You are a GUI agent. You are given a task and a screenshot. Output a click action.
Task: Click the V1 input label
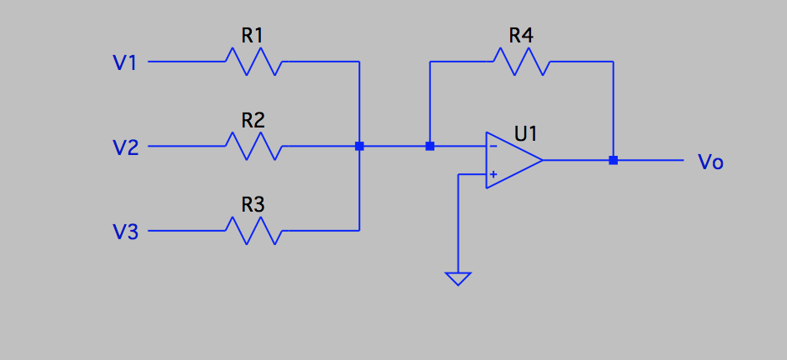point(124,62)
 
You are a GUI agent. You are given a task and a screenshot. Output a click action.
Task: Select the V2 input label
point(124,147)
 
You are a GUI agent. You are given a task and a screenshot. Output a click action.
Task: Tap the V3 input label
point(124,232)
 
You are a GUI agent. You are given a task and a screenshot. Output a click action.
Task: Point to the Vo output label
point(710,162)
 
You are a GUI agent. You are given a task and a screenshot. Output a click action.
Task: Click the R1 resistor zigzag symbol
point(253,62)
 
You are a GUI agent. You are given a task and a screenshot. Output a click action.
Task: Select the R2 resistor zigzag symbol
point(253,147)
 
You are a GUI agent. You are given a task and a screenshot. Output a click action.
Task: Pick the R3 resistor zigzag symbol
point(253,230)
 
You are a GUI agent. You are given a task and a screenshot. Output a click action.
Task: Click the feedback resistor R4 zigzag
point(521,62)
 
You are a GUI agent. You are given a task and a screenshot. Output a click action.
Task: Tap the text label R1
point(253,35)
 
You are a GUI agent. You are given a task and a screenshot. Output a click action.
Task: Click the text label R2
point(253,120)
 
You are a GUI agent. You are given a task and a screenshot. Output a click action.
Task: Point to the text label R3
point(253,204)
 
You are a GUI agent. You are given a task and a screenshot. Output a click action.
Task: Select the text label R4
point(521,35)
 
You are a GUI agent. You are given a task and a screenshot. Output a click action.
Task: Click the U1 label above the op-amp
point(526,133)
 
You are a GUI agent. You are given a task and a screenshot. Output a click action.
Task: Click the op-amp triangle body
point(512,160)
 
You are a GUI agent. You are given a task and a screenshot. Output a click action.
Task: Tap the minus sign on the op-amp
point(494,147)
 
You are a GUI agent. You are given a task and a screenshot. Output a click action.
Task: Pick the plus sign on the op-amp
point(494,174)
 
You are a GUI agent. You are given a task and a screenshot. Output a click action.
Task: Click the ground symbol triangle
point(458,278)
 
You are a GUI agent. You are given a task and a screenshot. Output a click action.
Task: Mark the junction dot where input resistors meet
point(359,147)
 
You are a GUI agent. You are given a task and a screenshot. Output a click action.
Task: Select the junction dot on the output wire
point(613,160)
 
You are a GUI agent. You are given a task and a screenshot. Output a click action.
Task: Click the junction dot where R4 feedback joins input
point(429,147)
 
